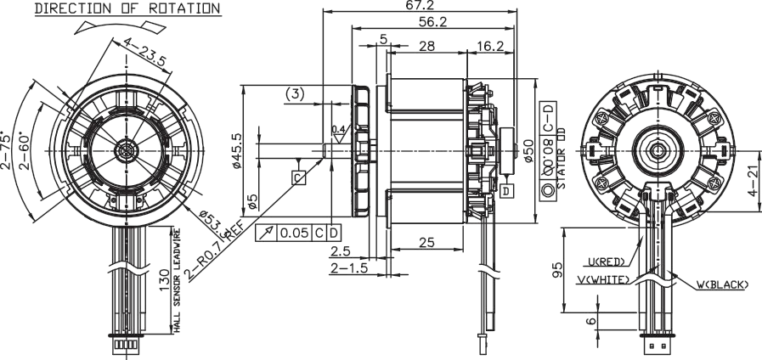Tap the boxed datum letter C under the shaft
299,177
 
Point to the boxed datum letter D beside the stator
506,191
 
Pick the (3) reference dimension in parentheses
294,93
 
